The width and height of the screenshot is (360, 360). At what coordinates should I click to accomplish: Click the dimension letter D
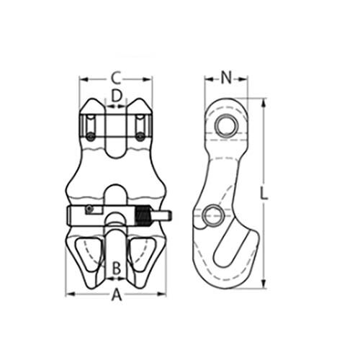click(116, 95)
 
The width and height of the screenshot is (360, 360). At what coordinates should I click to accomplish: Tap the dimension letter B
click(115, 269)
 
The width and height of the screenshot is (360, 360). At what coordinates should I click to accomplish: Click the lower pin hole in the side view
click(212, 214)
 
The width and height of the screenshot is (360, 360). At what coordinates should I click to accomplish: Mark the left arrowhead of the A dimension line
click(70, 294)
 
